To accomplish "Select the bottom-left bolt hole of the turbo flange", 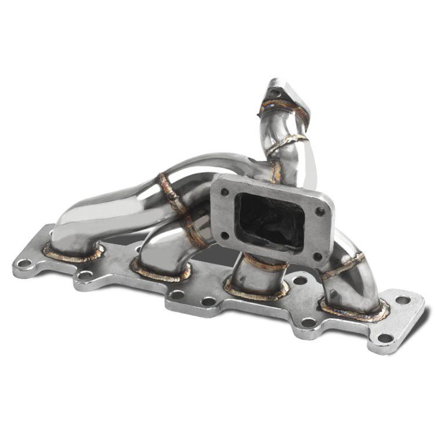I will coord(224,235).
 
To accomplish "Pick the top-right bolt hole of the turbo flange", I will coord(319,212).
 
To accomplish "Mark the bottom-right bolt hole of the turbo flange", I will coord(317,255).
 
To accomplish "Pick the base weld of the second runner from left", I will coord(159,273).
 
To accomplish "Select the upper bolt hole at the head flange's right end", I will coord(403,300).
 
